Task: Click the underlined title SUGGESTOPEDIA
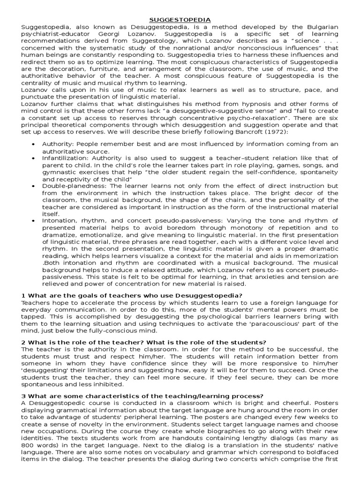pyautogui.click(x=180, y=19)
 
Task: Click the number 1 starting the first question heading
pyautogui.click(x=23, y=295)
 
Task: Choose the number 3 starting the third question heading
pyautogui.click(x=23, y=396)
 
